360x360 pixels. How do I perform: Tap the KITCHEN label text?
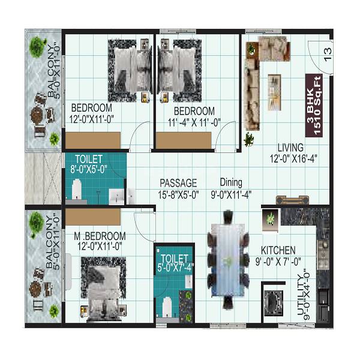278,250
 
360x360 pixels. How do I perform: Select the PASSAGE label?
178,182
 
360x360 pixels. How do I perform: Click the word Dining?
231,182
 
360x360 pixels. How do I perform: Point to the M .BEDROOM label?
98,236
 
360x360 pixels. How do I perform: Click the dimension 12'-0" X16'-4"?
290,158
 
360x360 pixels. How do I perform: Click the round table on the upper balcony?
38,114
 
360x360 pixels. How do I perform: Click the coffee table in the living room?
274,86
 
